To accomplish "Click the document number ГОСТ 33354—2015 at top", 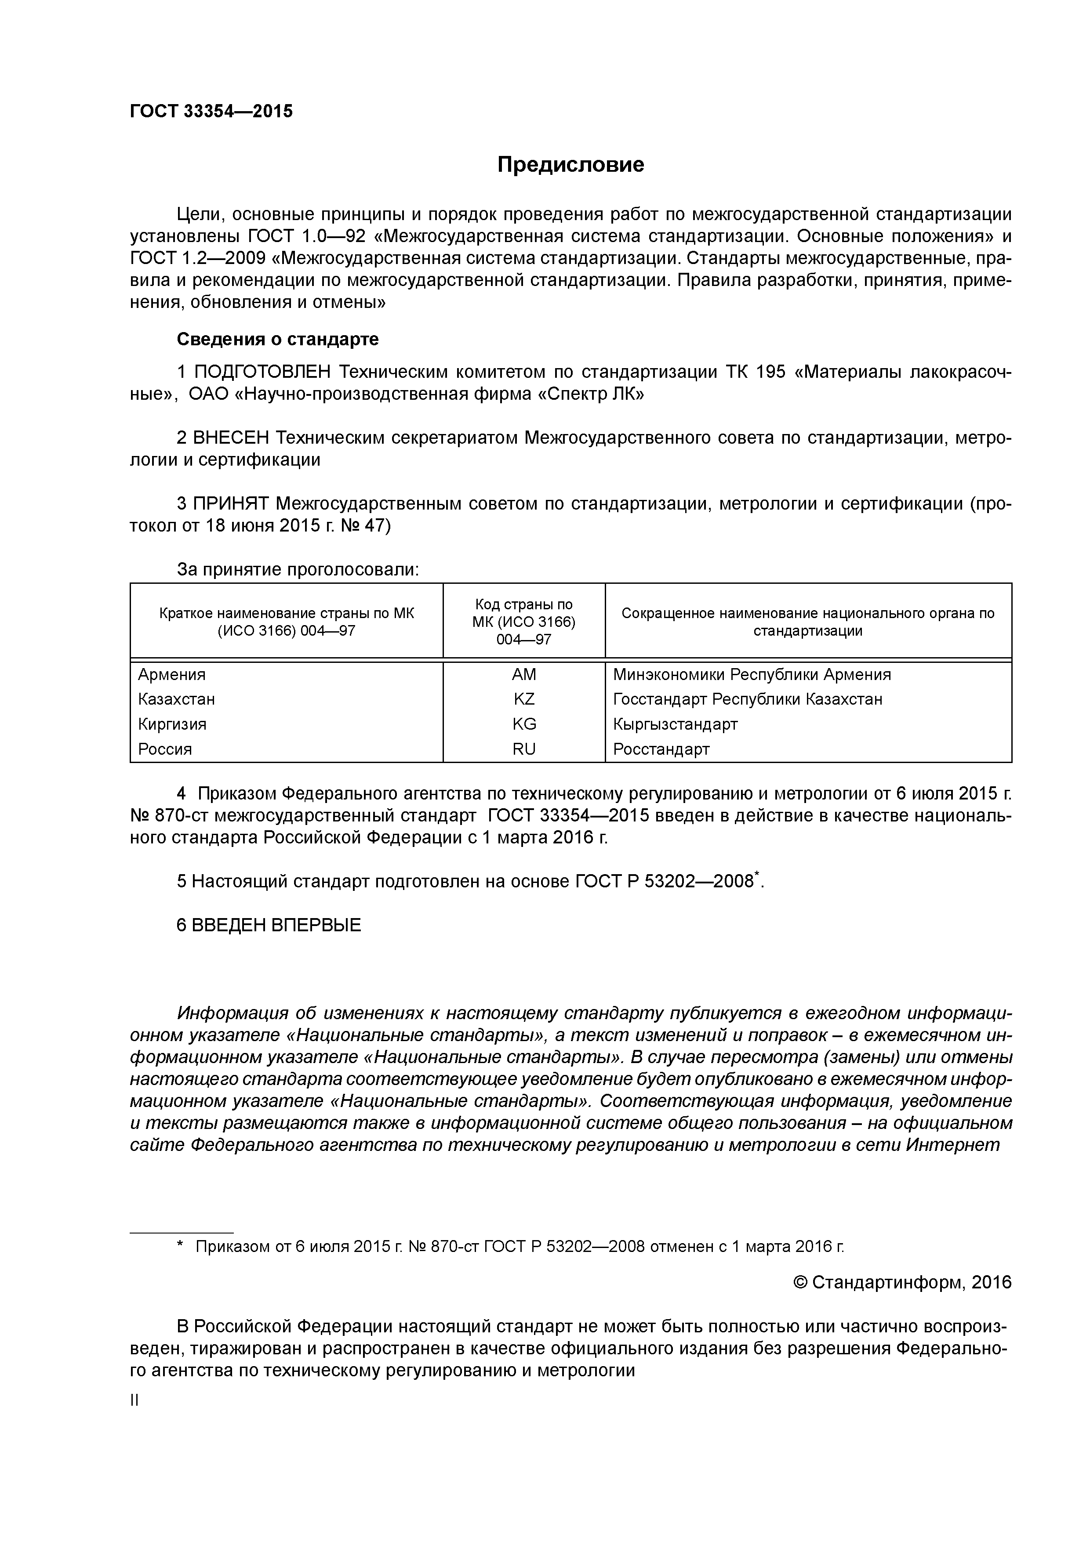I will pos(211,112).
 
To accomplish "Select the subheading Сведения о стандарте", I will pos(277,340).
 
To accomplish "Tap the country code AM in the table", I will pos(524,675).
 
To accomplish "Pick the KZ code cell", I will pos(524,699).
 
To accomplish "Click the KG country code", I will pos(524,724).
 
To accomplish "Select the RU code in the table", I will pos(524,749).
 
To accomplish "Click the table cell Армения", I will pos(172,675).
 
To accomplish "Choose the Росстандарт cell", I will pos(661,749).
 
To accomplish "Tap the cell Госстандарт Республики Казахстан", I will pos(748,699).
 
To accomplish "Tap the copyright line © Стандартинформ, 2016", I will pos(902,1283).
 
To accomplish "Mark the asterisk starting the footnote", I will pos(180,1246).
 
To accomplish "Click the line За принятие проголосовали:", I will pos(298,570).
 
